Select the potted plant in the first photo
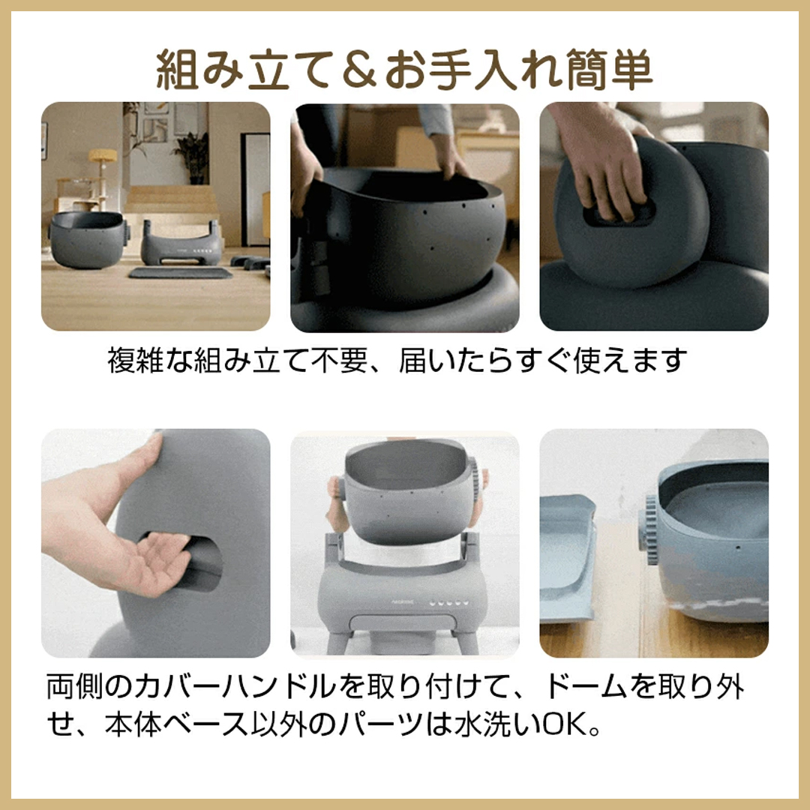(190, 154)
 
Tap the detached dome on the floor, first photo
(86, 238)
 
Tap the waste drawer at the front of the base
(403, 622)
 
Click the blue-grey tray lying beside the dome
(567, 555)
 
